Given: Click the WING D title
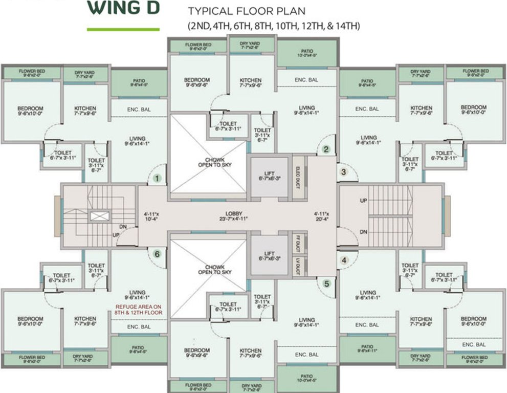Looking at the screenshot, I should pyautogui.click(x=123, y=9).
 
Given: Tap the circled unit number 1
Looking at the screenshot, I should pyautogui.click(x=158, y=179).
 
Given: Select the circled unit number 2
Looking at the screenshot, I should pyautogui.click(x=325, y=150).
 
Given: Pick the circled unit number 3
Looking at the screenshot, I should pyautogui.click(x=344, y=172).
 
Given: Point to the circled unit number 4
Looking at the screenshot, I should pyautogui.click(x=344, y=260).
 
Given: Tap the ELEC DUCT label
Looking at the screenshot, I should pyautogui.click(x=298, y=176).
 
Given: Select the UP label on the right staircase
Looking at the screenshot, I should pyautogui.click(x=363, y=201).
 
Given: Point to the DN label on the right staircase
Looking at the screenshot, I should pyautogui.click(x=363, y=232).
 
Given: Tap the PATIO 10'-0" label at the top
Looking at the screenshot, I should pyautogui.click(x=307, y=54).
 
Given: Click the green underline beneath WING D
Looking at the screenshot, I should pyautogui.click(x=123, y=29).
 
